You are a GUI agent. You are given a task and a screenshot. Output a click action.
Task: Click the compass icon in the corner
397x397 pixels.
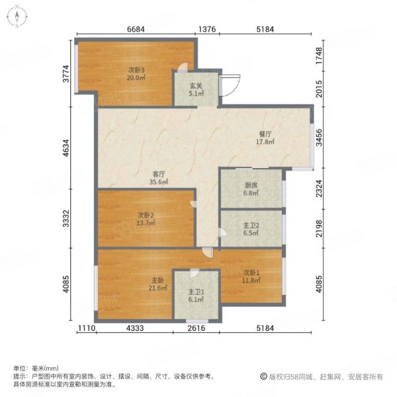pyautogui.click(x=17, y=17)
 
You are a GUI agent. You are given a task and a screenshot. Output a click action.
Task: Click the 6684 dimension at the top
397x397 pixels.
pyautogui.click(x=136, y=29)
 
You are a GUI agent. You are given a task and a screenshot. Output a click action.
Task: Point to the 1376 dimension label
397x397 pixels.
pyautogui.click(x=207, y=29)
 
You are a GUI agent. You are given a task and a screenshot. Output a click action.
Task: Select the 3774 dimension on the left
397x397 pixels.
pyautogui.click(x=66, y=73)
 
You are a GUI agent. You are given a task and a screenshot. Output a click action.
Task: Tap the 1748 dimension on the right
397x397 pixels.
pyautogui.click(x=320, y=56)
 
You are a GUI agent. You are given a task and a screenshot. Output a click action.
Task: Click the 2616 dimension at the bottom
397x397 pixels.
pyautogui.click(x=197, y=328)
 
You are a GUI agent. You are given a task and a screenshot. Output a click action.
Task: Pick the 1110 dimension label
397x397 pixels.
pyautogui.click(x=87, y=328)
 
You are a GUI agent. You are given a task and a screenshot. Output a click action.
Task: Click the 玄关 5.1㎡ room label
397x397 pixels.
pyautogui.click(x=197, y=89)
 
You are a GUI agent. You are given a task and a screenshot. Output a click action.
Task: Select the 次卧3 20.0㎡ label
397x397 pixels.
pyautogui.click(x=136, y=73)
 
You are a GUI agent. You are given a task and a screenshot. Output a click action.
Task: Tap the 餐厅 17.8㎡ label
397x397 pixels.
pyautogui.click(x=265, y=138)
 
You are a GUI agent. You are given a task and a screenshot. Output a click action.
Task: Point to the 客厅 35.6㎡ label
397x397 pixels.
pyautogui.click(x=159, y=178)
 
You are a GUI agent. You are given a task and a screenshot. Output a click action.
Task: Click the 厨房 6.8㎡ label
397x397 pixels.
pyautogui.click(x=251, y=189)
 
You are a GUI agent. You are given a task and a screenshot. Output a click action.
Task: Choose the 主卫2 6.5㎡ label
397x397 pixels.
pyautogui.click(x=251, y=229)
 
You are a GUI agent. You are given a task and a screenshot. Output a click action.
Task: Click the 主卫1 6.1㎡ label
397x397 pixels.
pyautogui.click(x=196, y=296)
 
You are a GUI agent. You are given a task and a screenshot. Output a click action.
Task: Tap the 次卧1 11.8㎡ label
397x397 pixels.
pyautogui.click(x=251, y=276)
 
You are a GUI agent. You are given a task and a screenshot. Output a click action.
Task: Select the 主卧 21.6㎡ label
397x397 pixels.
pyautogui.click(x=157, y=284)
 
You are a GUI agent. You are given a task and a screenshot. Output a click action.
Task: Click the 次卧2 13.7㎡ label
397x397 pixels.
pyautogui.click(x=146, y=219)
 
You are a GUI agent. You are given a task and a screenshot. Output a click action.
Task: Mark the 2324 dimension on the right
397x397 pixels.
pyautogui.click(x=320, y=189)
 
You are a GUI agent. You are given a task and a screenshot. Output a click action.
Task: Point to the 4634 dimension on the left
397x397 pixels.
pyautogui.click(x=66, y=148)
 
